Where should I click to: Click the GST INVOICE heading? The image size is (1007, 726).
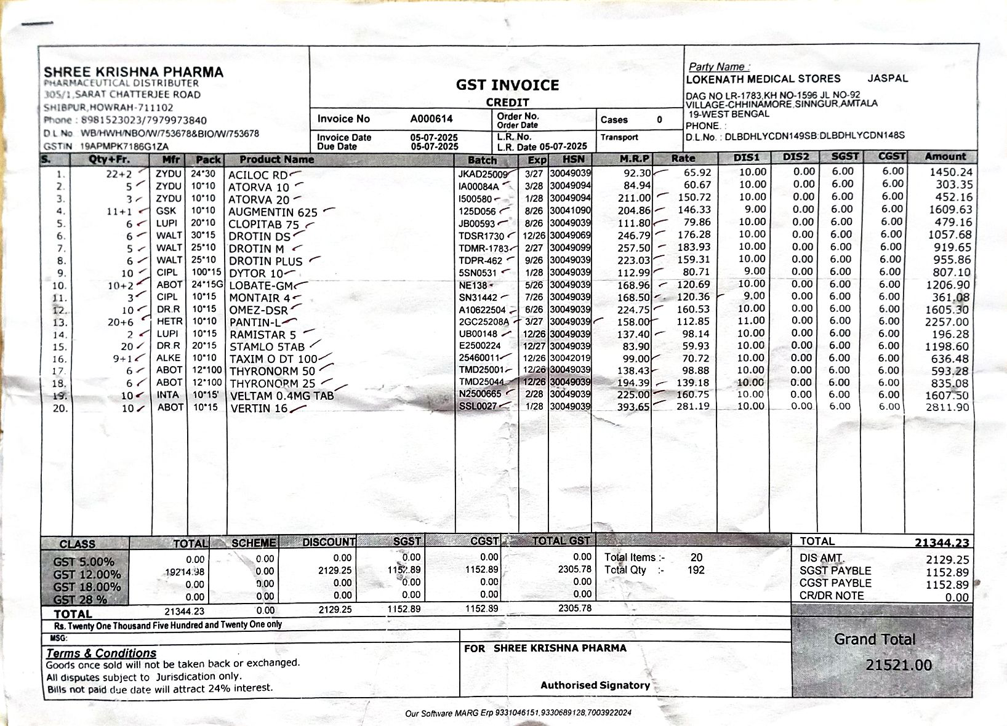pyautogui.click(x=507, y=85)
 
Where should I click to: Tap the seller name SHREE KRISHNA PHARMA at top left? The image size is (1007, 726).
pyautogui.click(x=134, y=72)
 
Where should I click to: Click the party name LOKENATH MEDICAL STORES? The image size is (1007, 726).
pyautogui.click(x=763, y=79)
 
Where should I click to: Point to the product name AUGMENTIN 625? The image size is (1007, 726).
pyautogui.click(x=273, y=212)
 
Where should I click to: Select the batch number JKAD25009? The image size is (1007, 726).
pyautogui.click(x=483, y=175)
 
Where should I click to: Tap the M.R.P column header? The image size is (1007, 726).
pyautogui.click(x=634, y=159)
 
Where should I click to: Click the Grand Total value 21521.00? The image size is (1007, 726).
pyautogui.click(x=898, y=665)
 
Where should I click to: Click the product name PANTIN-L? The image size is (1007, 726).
pyautogui.click(x=255, y=322)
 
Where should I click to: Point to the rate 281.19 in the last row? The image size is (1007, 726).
pyautogui.click(x=694, y=407)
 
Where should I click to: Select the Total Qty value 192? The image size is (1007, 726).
pyautogui.click(x=696, y=570)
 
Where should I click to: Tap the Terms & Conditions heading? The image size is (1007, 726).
pyautogui.click(x=102, y=653)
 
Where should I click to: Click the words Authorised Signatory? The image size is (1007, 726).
pyautogui.click(x=595, y=685)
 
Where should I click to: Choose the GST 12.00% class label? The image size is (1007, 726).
pyautogui.click(x=87, y=575)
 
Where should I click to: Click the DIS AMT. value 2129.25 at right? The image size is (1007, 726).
pyautogui.click(x=947, y=559)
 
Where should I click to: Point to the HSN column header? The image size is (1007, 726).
pyautogui.click(x=573, y=159)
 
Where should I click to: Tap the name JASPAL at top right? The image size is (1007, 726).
pyautogui.click(x=888, y=78)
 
